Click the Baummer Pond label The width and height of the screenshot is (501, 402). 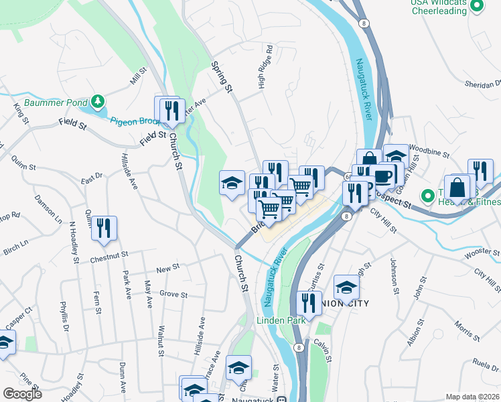[x=56, y=103]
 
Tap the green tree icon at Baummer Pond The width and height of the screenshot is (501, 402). [x=98, y=102]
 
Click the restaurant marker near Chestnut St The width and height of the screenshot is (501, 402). [x=104, y=228]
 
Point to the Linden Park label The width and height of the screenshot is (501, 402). [x=281, y=320]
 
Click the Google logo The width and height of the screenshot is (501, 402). [x=23, y=394]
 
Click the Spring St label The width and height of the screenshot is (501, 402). [x=222, y=77]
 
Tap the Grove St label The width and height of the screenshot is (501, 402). [x=173, y=293]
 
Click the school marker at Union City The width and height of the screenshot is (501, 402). [x=346, y=287]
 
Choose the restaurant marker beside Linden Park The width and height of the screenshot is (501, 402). [x=309, y=303]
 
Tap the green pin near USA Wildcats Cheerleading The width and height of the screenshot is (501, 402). [x=477, y=7]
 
